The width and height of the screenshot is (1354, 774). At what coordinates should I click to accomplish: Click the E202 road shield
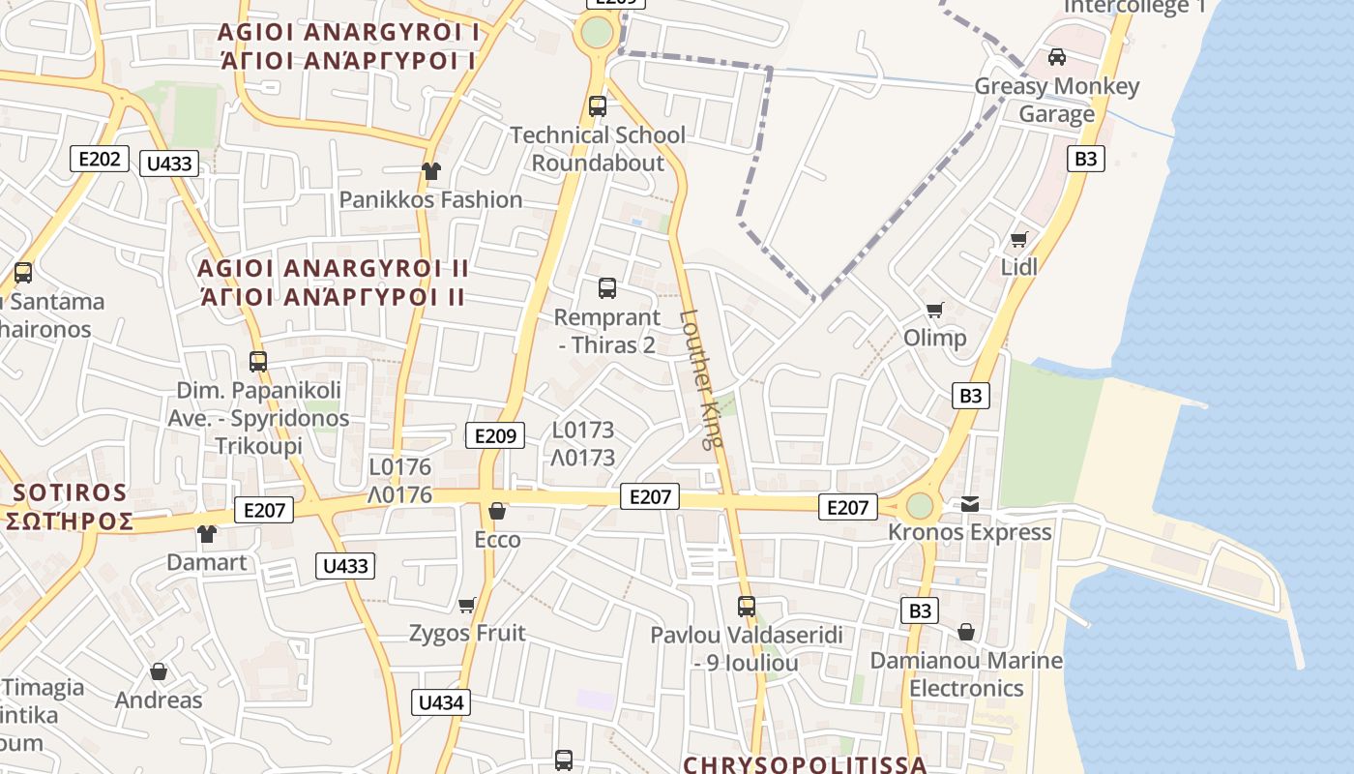[x=100, y=159]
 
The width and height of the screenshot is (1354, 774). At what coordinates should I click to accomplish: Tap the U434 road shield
[x=441, y=702]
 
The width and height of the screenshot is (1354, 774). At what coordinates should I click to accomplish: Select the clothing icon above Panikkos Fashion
[x=430, y=171]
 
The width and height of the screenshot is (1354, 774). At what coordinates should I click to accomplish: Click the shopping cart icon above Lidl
[x=1018, y=238]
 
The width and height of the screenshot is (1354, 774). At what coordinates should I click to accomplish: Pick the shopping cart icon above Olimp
[x=934, y=310]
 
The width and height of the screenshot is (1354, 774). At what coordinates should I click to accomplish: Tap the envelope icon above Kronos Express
[x=970, y=504]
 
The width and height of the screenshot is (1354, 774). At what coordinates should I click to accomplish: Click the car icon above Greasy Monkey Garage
[x=1057, y=57]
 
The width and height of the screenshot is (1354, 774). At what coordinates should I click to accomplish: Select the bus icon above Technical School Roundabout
[x=598, y=106]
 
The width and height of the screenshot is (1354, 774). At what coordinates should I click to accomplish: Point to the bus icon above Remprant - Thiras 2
[x=607, y=288]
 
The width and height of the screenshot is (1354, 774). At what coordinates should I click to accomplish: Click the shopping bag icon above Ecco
[x=497, y=511]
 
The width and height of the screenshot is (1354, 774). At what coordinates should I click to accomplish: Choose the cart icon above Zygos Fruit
[x=467, y=605]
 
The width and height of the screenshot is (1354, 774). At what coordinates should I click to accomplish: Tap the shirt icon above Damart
[x=207, y=533]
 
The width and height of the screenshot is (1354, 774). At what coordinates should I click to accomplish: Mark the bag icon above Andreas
[x=159, y=671]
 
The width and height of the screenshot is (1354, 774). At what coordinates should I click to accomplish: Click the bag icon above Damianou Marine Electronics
[x=966, y=633]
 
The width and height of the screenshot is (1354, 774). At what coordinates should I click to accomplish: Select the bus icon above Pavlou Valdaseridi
[x=747, y=607]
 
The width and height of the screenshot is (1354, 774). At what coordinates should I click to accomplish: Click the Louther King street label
[x=701, y=377]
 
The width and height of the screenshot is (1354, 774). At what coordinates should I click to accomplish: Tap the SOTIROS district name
[x=70, y=492]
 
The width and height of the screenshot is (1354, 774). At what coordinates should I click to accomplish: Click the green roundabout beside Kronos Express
[x=919, y=505]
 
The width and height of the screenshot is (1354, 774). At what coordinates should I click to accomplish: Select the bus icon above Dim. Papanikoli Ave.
[x=258, y=362]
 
